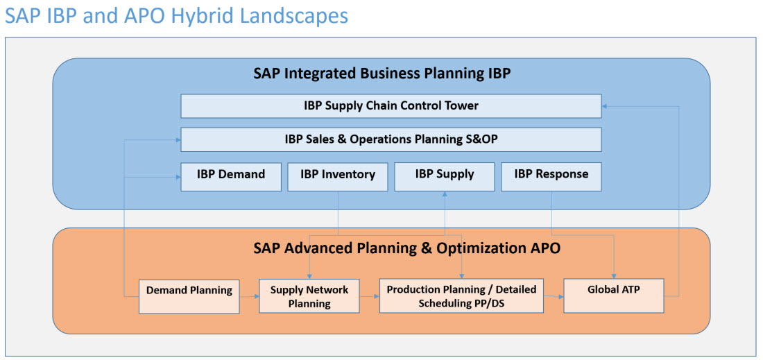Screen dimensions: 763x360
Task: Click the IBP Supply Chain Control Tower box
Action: [391, 106]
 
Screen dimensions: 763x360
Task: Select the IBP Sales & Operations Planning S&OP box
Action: [391, 139]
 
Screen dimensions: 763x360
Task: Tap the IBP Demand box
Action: [231, 177]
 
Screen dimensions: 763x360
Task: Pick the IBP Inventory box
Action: [338, 177]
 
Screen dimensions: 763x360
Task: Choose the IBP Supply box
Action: [444, 177]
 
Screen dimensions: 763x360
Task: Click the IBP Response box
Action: [551, 177]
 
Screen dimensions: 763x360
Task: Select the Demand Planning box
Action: [189, 296]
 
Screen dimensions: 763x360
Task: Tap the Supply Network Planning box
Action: [309, 295]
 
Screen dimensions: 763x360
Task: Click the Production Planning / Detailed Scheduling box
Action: [461, 295]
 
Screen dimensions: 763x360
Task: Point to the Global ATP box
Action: [614, 295]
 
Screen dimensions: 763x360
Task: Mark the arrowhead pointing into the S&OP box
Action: [178, 140]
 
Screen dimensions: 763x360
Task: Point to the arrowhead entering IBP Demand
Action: [178, 177]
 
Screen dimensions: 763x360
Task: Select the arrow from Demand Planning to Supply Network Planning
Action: [249, 296]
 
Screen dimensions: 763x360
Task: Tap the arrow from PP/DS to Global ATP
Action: [554, 295]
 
